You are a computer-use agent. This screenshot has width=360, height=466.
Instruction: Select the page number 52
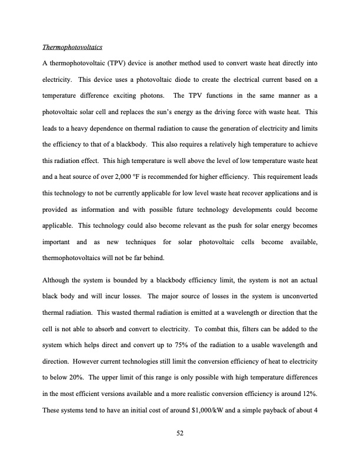(x=180, y=434)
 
